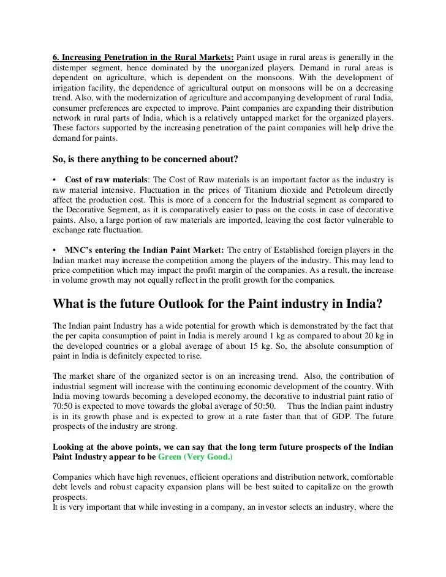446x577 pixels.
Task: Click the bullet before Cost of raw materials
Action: click(x=55, y=181)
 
